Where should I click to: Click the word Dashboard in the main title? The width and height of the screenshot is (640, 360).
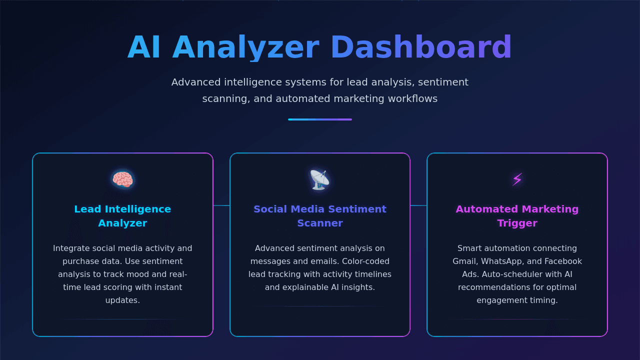point(421,47)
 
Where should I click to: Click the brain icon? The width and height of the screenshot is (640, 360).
point(122,179)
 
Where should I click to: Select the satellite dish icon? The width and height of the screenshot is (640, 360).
point(319,179)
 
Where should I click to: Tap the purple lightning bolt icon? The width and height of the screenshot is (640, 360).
point(517,179)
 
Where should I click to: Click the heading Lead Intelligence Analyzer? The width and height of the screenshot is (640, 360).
point(122,216)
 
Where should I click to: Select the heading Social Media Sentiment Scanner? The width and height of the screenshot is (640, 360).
point(320,216)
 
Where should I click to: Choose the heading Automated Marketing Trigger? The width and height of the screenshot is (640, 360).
point(517,216)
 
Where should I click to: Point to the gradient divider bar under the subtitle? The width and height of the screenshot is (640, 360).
point(320,119)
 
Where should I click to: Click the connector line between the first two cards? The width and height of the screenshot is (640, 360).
point(221,205)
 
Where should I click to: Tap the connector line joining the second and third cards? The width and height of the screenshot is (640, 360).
point(418,205)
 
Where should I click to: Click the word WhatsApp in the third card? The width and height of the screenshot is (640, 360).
point(502,261)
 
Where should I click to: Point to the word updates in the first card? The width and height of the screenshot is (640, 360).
point(122,300)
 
